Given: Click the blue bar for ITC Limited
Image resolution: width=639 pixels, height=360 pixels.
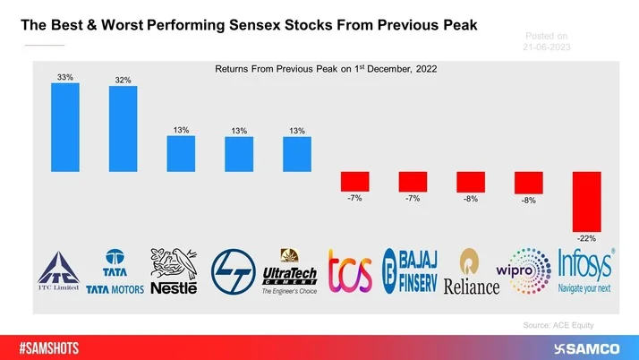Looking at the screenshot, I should pos(65,127).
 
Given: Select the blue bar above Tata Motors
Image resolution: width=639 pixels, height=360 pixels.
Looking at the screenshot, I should pos(123,129).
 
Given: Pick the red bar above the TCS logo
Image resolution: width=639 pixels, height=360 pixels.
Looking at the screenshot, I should pos(354,181).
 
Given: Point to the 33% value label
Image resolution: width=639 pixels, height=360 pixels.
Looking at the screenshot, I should pos(65,77).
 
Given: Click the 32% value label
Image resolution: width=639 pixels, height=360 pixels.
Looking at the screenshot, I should pos(123,81).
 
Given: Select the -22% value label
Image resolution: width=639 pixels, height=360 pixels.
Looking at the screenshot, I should pos(586,238).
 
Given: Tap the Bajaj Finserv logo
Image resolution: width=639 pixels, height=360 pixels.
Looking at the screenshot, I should pos(409,271).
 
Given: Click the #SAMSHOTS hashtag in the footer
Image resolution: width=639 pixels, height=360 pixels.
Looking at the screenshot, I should pos(51,347).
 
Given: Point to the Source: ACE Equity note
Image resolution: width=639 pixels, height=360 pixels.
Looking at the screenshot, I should pos(558,326).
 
